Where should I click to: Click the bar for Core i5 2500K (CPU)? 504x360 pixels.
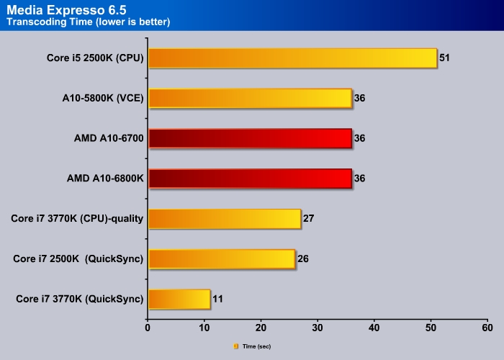click(x=292, y=58)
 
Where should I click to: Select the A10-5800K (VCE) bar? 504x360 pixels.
click(x=250, y=98)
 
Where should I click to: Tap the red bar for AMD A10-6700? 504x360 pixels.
click(x=250, y=138)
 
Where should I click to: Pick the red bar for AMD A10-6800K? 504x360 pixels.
click(x=250, y=178)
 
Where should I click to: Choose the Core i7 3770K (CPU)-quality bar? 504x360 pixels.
click(x=224, y=218)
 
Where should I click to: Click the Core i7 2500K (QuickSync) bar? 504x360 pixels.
click(x=221, y=258)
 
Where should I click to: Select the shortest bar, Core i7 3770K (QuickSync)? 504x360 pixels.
click(x=179, y=299)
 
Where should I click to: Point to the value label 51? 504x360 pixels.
click(x=444, y=58)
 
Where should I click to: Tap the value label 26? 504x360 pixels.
click(x=302, y=258)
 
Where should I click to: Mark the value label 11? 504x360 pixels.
click(x=217, y=299)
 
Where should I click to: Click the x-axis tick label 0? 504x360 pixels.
click(x=148, y=328)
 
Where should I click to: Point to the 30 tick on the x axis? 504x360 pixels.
click(x=318, y=328)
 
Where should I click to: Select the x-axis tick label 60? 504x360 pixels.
click(x=487, y=328)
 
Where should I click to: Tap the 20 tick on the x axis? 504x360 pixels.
click(x=261, y=328)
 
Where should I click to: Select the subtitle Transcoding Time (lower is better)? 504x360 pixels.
click(x=88, y=22)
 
